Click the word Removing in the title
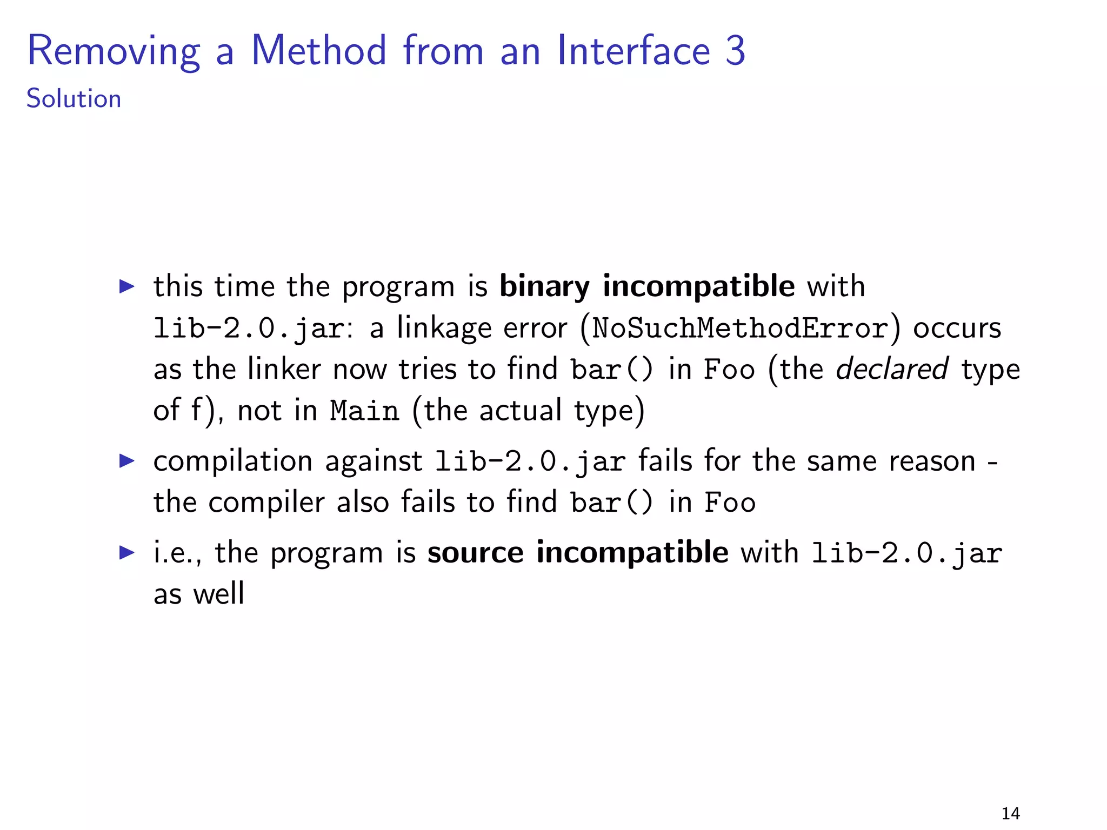pos(114,51)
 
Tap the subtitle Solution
pos(74,99)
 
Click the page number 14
pos(1010,813)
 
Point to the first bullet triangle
pos(126,286)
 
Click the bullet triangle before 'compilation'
pos(126,461)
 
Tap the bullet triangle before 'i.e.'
pos(126,552)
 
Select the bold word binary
pos(544,286)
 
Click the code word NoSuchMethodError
pos(740,328)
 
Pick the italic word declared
pos(891,369)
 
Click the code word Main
pos(364,411)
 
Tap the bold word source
pos(475,553)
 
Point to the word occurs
pos(957,328)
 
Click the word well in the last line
pos(219,593)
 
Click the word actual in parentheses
pos(520,411)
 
